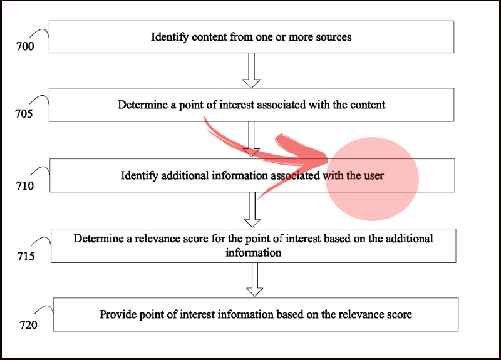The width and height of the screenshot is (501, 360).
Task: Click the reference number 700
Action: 25,46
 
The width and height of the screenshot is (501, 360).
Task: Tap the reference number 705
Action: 24,113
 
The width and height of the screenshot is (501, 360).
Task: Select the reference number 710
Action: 25,185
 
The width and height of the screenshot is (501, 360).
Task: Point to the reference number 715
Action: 26,256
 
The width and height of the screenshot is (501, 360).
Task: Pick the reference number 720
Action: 28,325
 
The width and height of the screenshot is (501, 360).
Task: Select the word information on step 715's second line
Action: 254,253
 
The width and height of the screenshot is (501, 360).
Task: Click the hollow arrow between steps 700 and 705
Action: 252,70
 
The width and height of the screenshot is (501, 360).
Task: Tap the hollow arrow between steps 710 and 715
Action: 252,210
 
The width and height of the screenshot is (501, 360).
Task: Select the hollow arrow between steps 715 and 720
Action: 255,279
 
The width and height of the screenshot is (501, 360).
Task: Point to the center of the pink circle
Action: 372,179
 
